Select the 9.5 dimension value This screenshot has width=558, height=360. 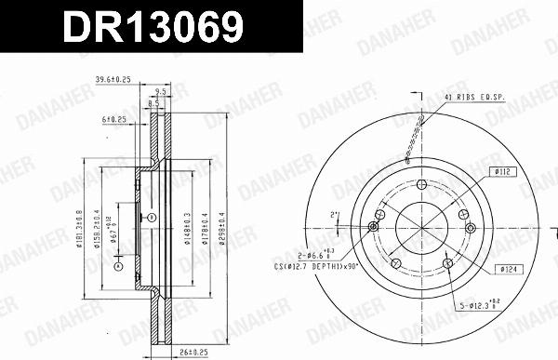click(161, 92)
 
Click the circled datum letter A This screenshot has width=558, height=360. click(118, 267)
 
